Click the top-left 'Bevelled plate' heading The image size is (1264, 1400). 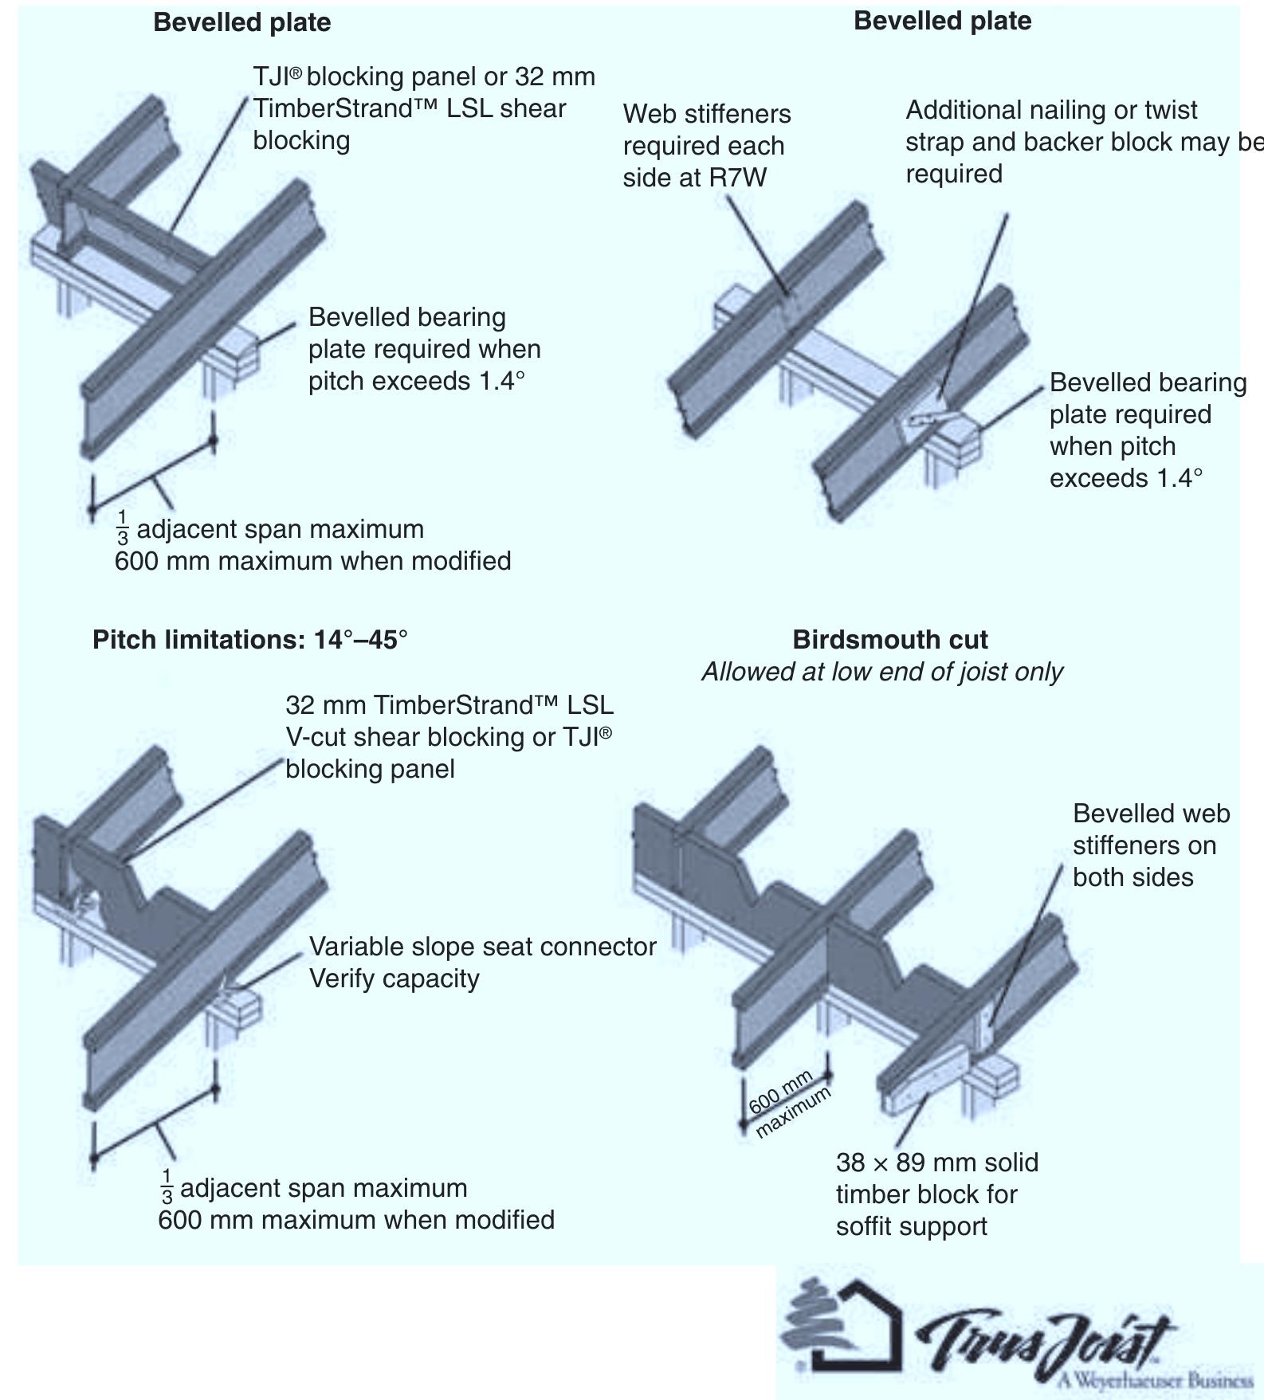tap(241, 22)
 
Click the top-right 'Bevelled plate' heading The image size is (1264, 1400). tap(942, 21)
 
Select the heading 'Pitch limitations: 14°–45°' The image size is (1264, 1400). tap(249, 640)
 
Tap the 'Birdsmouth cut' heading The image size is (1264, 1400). tap(889, 640)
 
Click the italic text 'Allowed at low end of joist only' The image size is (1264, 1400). tap(881, 672)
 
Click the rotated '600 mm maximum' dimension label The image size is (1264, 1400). tap(789, 1104)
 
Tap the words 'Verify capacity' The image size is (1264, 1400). tap(394, 978)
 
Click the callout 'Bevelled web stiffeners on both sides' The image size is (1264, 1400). tap(1150, 845)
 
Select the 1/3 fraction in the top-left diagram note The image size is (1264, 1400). tap(123, 529)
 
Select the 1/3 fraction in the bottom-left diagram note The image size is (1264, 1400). tap(167, 1188)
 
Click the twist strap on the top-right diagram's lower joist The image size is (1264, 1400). tap(929, 418)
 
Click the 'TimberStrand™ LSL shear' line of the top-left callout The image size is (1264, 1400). tap(409, 108)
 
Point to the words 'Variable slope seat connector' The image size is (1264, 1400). tap(482, 947)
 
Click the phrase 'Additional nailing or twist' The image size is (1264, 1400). tap(1051, 110)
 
